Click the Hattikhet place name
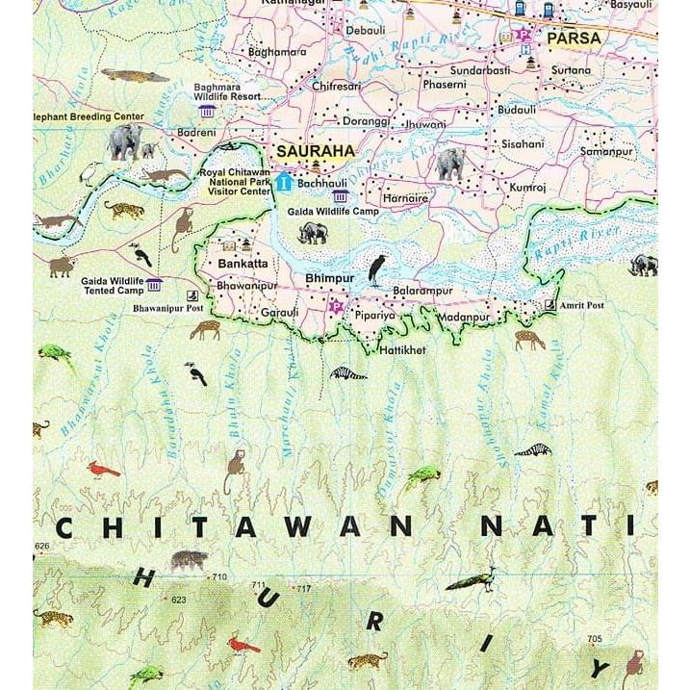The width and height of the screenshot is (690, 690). pos(402,350)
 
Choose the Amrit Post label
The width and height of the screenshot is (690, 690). pos(582,305)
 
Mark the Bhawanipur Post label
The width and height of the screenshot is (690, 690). pos(168,310)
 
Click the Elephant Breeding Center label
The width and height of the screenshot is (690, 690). pos(89,116)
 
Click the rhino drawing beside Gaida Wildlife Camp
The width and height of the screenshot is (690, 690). pos(314,232)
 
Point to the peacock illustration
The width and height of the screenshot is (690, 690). pos(472,578)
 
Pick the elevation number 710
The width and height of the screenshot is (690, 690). pos(219,576)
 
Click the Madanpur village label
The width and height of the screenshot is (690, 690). pos(463,317)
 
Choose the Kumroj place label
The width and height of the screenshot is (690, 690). pos(528,187)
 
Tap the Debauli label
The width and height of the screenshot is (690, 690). pos(366,31)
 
